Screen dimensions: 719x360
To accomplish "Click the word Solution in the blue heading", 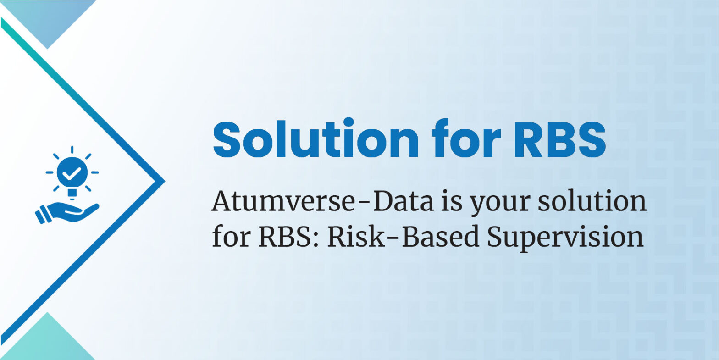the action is pyautogui.click(x=316, y=138).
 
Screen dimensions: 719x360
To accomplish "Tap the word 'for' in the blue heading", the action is pyautogui.click(x=466, y=138).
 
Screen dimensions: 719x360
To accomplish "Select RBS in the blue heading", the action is pyautogui.click(x=560, y=139).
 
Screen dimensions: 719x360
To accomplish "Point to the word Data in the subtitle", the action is pyautogui.click(x=404, y=201).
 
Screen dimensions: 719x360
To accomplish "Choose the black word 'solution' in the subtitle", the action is pyautogui.click(x=592, y=201).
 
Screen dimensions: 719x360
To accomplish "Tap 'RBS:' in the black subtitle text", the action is pyautogui.click(x=289, y=236).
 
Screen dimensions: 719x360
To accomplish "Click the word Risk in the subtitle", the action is pyautogui.click(x=356, y=236).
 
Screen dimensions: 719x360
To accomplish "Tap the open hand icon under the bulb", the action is pyautogui.click(x=67, y=212).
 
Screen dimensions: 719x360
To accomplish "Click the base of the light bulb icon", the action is pyautogui.click(x=72, y=193).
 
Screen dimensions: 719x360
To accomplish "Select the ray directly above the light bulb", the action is pyautogui.click(x=72, y=150).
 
